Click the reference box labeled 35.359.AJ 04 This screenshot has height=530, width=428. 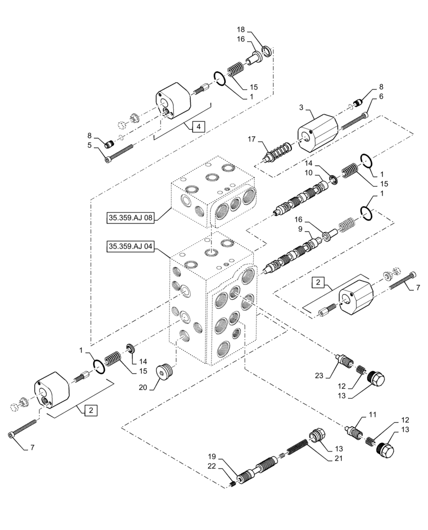pos(130,246)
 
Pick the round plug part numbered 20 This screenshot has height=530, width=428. pos(166,372)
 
